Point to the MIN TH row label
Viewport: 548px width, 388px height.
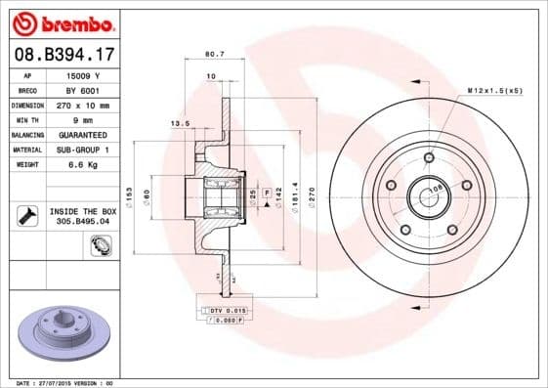pos(27,118)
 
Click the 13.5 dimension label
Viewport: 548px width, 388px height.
pos(180,124)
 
